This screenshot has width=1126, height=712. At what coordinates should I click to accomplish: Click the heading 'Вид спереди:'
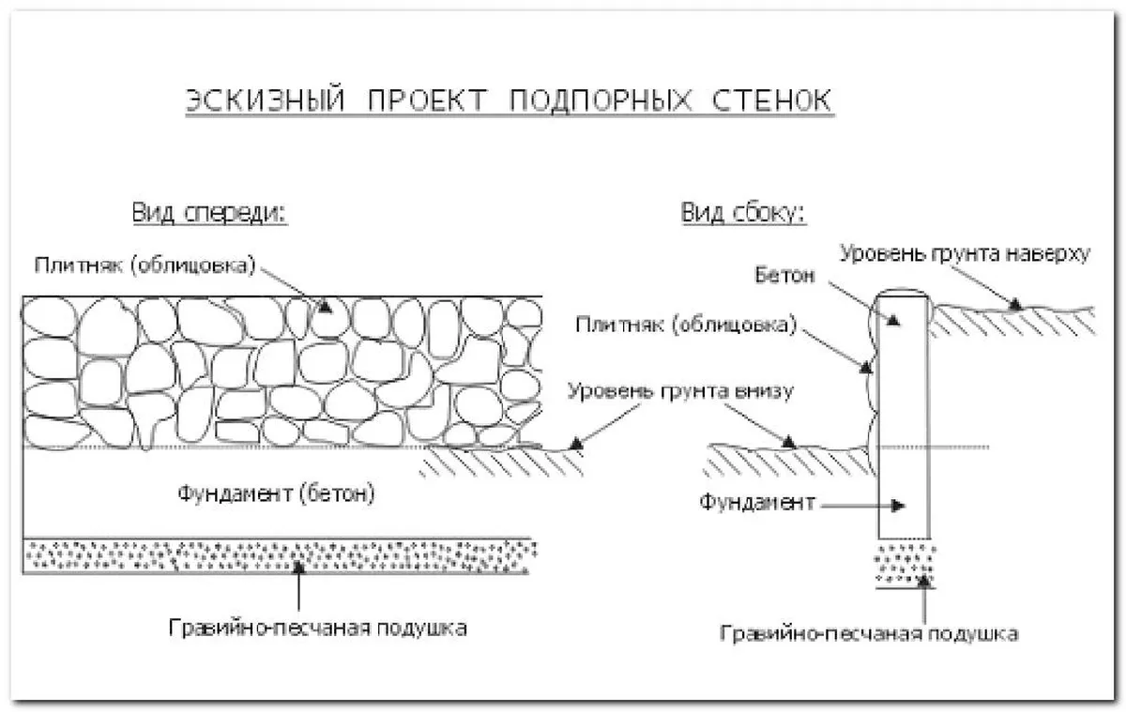point(209,213)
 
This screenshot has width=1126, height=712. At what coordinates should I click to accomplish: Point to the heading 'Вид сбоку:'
point(743,213)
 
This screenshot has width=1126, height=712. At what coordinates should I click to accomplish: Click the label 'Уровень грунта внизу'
point(681,391)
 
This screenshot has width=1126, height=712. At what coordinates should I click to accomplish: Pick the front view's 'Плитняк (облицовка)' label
point(145,265)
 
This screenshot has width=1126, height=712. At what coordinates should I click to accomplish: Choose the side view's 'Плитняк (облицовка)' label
point(686,326)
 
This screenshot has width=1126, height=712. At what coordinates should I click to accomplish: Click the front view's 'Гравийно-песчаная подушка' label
point(318,627)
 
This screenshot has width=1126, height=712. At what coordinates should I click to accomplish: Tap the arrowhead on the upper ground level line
point(1015,303)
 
